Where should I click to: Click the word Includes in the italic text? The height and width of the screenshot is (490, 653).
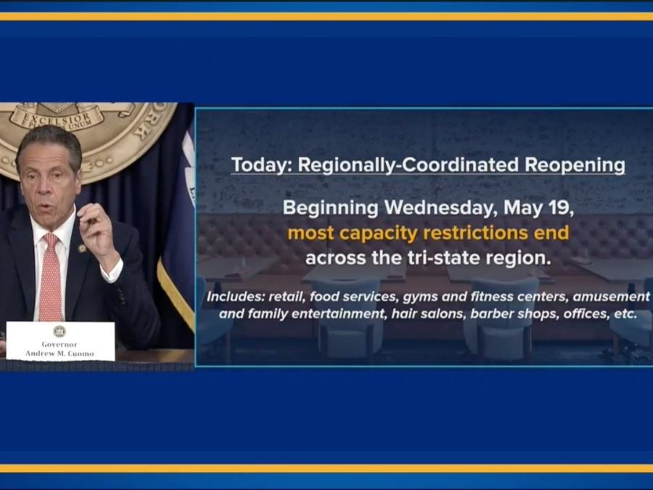pyautogui.click(x=236, y=297)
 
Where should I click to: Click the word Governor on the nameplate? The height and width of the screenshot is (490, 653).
pyautogui.click(x=59, y=344)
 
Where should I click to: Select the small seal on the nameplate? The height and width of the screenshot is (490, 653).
pyautogui.click(x=59, y=331)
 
